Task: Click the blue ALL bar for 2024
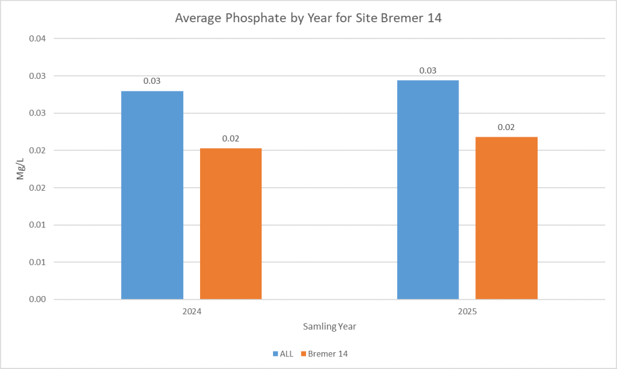click(x=152, y=195)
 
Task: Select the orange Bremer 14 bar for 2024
click(x=231, y=223)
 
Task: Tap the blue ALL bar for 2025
click(x=428, y=190)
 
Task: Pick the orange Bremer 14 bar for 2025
click(x=506, y=218)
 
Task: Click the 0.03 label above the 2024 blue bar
click(x=152, y=81)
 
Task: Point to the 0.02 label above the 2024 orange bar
click(x=231, y=138)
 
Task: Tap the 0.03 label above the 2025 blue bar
click(x=428, y=70)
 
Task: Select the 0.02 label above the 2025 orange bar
click(x=506, y=127)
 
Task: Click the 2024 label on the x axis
click(x=192, y=313)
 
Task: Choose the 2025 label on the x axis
click(x=467, y=313)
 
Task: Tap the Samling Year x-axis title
click(x=329, y=327)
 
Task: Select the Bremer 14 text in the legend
click(x=328, y=353)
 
